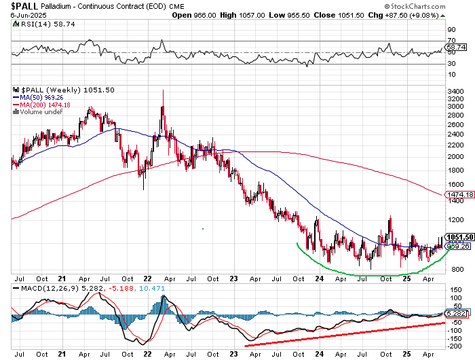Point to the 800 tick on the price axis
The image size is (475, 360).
[453, 269]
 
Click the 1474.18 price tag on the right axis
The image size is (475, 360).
[458, 195]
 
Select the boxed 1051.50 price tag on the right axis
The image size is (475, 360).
[458, 236]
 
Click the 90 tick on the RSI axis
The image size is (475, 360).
[451, 31]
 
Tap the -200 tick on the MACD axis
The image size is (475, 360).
[455, 343]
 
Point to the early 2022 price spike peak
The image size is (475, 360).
[162, 91]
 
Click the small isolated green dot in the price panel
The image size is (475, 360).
[203, 229]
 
